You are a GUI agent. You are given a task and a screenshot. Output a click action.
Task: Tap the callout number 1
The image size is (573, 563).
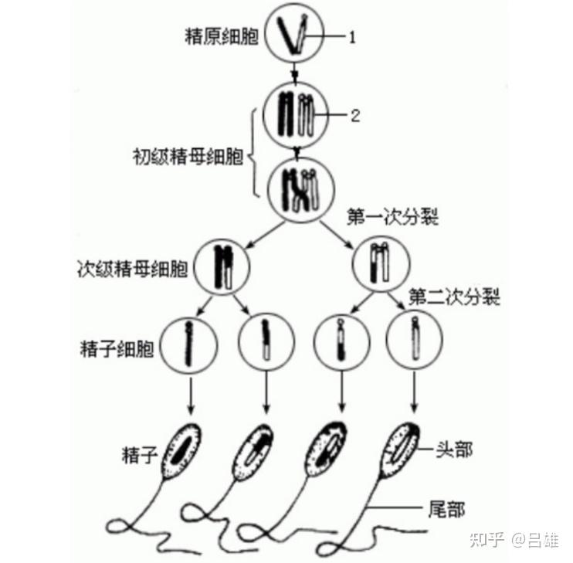point(353,36)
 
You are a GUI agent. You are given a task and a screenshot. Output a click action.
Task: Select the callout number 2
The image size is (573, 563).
point(355,116)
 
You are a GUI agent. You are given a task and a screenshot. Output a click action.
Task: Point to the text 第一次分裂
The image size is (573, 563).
point(393,218)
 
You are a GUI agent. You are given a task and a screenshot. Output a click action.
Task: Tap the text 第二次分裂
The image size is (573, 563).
point(454,296)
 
